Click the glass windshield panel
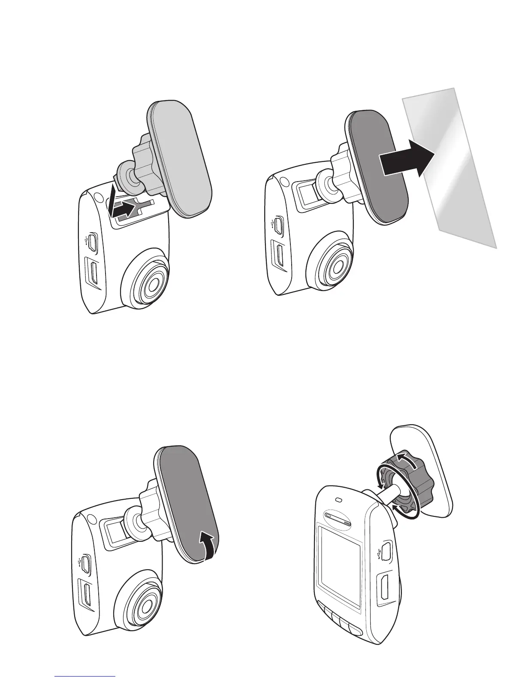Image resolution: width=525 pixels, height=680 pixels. click(x=455, y=180)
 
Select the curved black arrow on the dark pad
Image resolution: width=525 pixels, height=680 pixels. click(x=207, y=544)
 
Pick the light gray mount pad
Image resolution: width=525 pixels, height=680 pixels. click(x=180, y=155)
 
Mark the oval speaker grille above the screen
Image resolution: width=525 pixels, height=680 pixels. click(x=338, y=521)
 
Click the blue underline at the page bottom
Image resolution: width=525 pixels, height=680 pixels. click(x=85, y=676)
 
